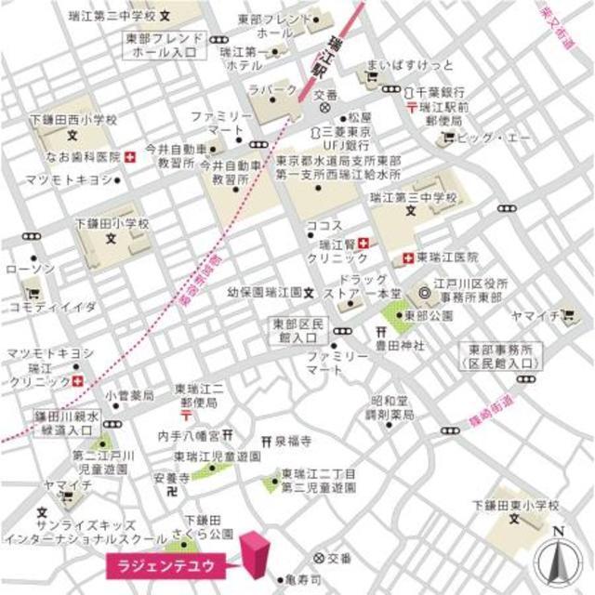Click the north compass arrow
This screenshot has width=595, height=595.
[559, 557]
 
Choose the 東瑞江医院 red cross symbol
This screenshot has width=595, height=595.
[408, 257]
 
